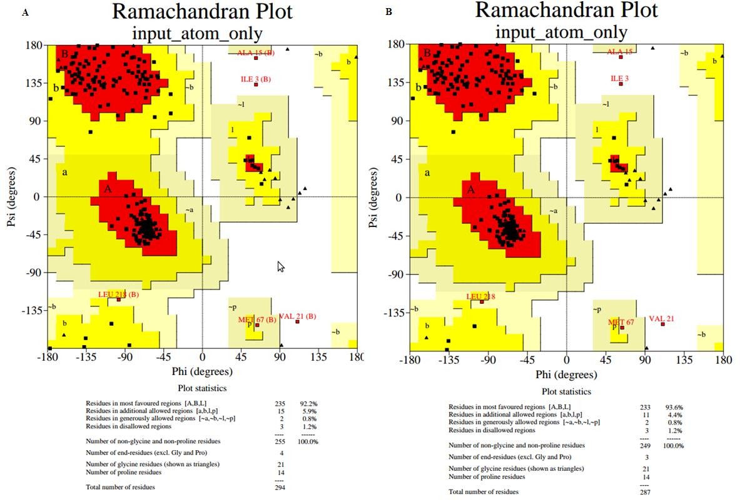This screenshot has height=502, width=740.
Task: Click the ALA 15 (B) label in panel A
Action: (x=255, y=53)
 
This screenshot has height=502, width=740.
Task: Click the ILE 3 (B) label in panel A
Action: (x=255, y=79)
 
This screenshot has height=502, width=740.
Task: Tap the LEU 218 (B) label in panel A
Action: (x=118, y=294)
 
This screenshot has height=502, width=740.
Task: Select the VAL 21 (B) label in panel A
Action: (x=297, y=316)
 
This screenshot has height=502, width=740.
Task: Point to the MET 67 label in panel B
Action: (x=621, y=322)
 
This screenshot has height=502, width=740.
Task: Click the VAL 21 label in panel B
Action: (x=661, y=319)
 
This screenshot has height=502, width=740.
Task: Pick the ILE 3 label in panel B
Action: (x=620, y=79)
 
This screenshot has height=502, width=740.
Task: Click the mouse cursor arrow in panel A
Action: (x=281, y=266)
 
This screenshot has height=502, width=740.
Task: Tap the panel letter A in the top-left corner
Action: (x=25, y=13)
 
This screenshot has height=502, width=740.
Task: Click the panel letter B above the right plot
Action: (x=389, y=12)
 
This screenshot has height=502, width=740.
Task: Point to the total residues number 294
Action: (x=280, y=487)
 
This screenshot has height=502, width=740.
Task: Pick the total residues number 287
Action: (x=644, y=491)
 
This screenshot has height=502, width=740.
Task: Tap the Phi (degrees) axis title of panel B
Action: (x=566, y=374)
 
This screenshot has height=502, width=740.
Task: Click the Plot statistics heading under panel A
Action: (x=201, y=388)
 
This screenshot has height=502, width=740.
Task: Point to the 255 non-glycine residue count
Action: (x=280, y=441)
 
